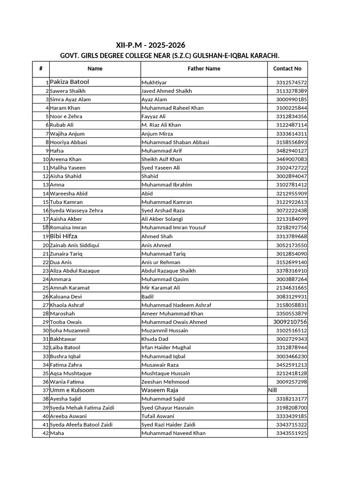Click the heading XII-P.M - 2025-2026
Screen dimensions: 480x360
150,45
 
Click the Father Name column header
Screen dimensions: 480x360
204,68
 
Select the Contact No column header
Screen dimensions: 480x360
287,68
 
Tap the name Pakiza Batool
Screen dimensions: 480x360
69,82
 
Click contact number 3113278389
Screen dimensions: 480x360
292,91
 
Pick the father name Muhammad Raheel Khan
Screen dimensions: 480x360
172,108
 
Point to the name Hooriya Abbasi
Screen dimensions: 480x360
68,142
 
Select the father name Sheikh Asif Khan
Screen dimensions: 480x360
162,159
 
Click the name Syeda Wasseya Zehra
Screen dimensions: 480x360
76,210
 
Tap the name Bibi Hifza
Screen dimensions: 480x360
64,236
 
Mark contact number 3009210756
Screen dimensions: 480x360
290,322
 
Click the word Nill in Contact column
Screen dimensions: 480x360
273,390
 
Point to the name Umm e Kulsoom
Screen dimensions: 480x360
72,390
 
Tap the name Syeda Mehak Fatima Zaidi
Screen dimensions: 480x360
82,407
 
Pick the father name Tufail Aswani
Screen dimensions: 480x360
157,416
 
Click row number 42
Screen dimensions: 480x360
45,433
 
